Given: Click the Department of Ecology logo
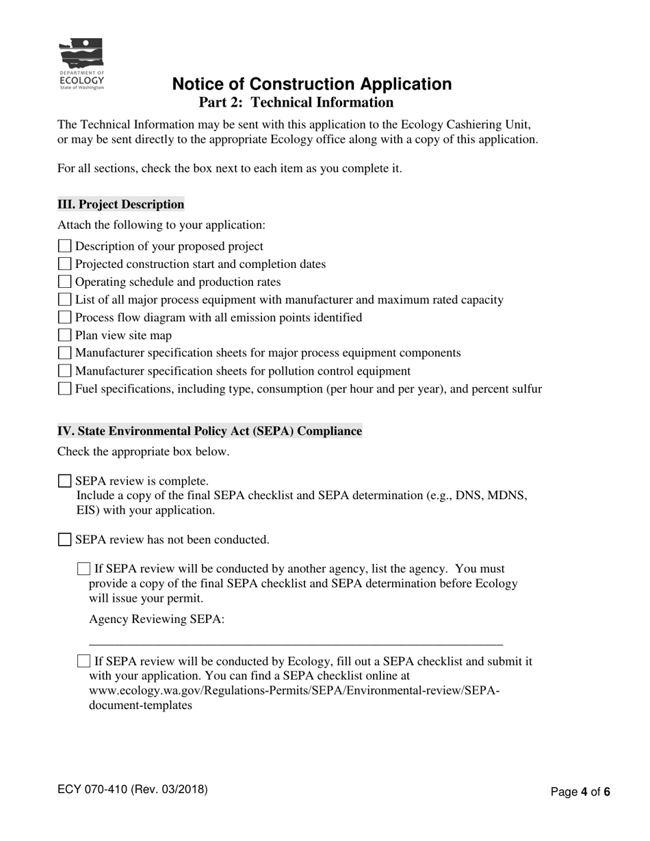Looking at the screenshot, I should [x=81, y=64].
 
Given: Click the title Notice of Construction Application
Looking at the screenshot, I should [x=311, y=84].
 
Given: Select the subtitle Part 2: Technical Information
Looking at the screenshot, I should [x=296, y=103].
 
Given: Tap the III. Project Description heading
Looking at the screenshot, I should [x=120, y=204].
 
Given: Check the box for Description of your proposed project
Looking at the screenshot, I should [x=65, y=246].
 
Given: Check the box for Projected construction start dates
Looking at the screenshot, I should [x=65, y=264].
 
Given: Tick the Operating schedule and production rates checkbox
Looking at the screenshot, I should [x=65, y=282].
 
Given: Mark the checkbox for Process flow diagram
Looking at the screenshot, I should [x=65, y=317].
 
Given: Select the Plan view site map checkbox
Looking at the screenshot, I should [x=65, y=335].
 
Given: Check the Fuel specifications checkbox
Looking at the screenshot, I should [x=65, y=389].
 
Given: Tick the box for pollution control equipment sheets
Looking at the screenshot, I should [x=65, y=371].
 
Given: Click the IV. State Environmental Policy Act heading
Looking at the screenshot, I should [x=209, y=431].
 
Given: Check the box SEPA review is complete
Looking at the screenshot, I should [x=65, y=481].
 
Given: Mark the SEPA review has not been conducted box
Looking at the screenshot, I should [x=65, y=540].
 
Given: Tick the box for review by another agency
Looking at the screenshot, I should [x=83, y=569].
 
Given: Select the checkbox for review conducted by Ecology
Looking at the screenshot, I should [x=83, y=661].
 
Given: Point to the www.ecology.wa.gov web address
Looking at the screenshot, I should [x=294, y=691].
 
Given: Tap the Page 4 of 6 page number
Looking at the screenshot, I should [x=580, y=792].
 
